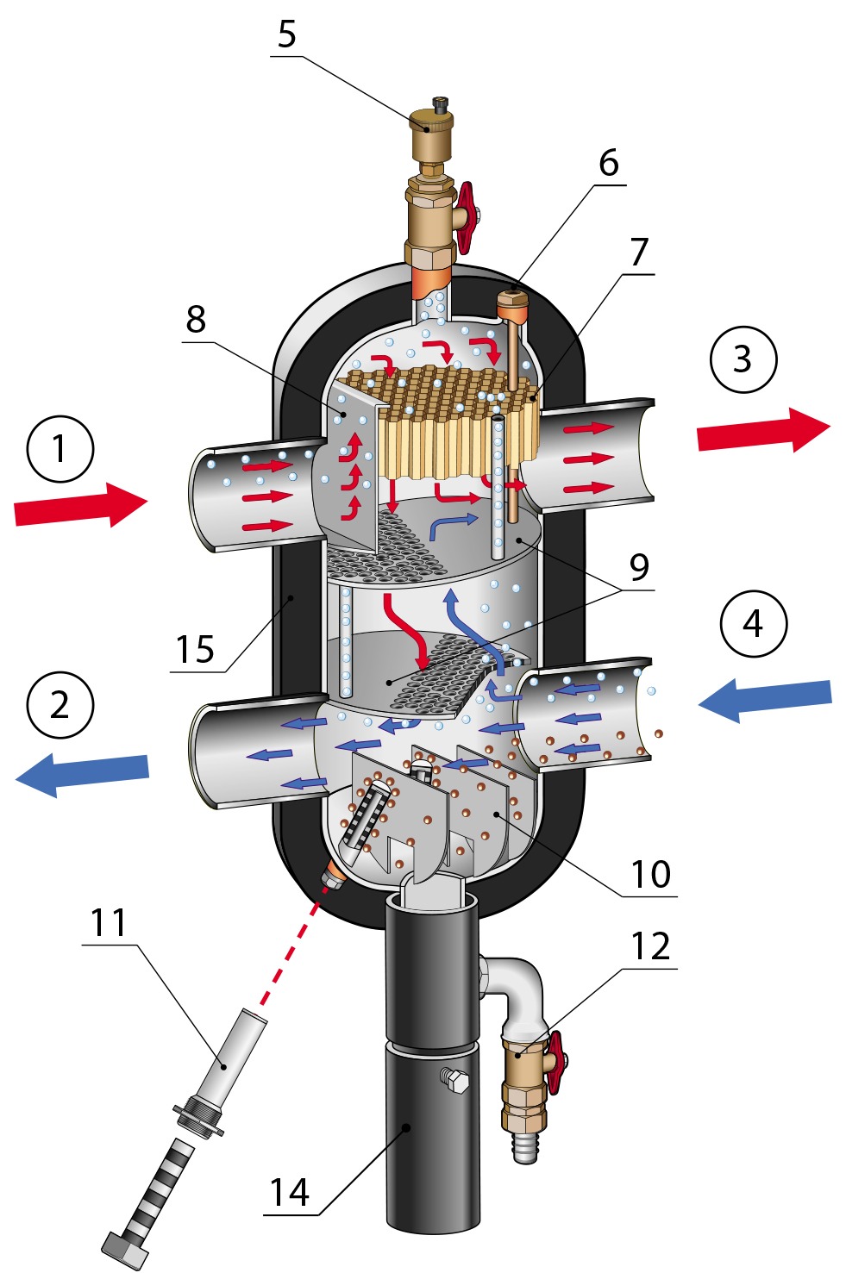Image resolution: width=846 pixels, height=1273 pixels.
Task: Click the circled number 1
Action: coord(60,449)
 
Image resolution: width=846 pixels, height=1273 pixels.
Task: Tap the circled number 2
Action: coord(60,705)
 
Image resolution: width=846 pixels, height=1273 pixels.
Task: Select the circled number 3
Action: coord(743,359)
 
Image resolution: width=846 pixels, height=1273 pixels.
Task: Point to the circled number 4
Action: coord(753,624)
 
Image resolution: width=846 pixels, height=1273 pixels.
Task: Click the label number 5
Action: coord(287,35)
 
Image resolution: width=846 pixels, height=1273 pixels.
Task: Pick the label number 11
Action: coord(110,924)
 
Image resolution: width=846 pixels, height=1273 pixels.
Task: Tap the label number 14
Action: coord(289,1194)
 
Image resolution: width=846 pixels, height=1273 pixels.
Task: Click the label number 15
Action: coord(195,650)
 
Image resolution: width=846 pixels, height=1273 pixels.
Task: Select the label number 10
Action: coord(650,875)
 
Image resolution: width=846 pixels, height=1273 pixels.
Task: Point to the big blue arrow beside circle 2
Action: coord(83,772)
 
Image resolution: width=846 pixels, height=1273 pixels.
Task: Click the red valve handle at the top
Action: coord(467,215)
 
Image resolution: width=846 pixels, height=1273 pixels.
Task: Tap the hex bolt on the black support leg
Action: coord(454,1080)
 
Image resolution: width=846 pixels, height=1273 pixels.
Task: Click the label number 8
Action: coord(196,320)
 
